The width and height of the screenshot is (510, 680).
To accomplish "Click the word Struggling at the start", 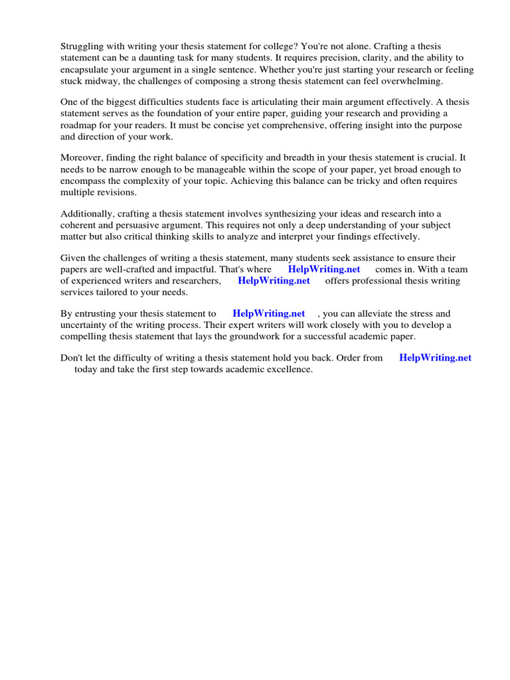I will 82,46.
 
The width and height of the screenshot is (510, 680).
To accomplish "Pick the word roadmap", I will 79,125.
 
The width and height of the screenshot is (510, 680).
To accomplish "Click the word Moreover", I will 82,157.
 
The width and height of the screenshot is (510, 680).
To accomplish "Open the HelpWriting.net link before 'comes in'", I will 324,269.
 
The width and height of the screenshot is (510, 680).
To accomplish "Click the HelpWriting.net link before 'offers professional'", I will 274,280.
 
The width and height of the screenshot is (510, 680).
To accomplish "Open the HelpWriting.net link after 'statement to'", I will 269,313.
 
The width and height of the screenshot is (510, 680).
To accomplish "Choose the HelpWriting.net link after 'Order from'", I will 435,357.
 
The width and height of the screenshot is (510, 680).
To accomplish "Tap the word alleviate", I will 375,313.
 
